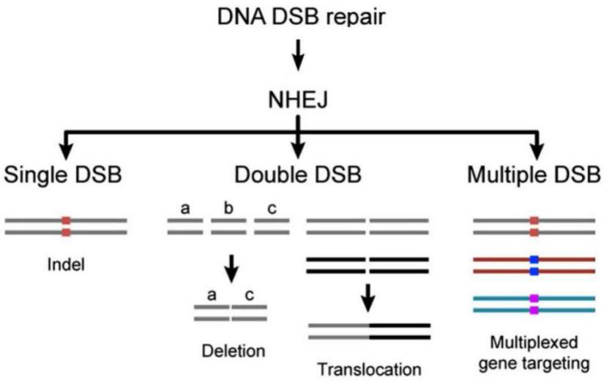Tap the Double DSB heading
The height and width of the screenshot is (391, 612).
(x=297, y=176)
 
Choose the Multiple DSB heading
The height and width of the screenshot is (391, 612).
(x=534, y=176)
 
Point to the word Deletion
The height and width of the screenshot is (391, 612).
(x=234, y=351)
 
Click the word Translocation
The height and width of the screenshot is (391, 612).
(x=369, y=369)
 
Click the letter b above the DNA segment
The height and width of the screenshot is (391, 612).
(x=228, y=209)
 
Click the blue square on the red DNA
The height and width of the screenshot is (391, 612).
(x=534, y=265)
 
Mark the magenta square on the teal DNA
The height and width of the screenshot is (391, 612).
(x=534, y=305)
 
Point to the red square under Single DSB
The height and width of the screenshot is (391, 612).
(x=66, y=226)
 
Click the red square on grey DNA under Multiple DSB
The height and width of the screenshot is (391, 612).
(x=534, y=226)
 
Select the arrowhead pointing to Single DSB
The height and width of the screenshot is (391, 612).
(x=66, y=151)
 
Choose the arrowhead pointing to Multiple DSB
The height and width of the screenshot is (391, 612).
(x=537, y=151)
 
